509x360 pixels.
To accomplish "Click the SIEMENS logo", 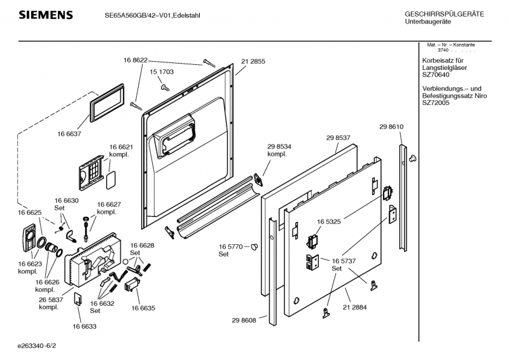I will (45, 15).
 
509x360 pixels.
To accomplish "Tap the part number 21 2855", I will (253, 62).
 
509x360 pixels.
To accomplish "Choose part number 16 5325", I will (328, 222).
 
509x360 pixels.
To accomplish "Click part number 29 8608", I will (244, 320).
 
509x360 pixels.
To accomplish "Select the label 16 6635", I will (144, 308).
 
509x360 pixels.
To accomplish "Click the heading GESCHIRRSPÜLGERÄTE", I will (444, 14).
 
